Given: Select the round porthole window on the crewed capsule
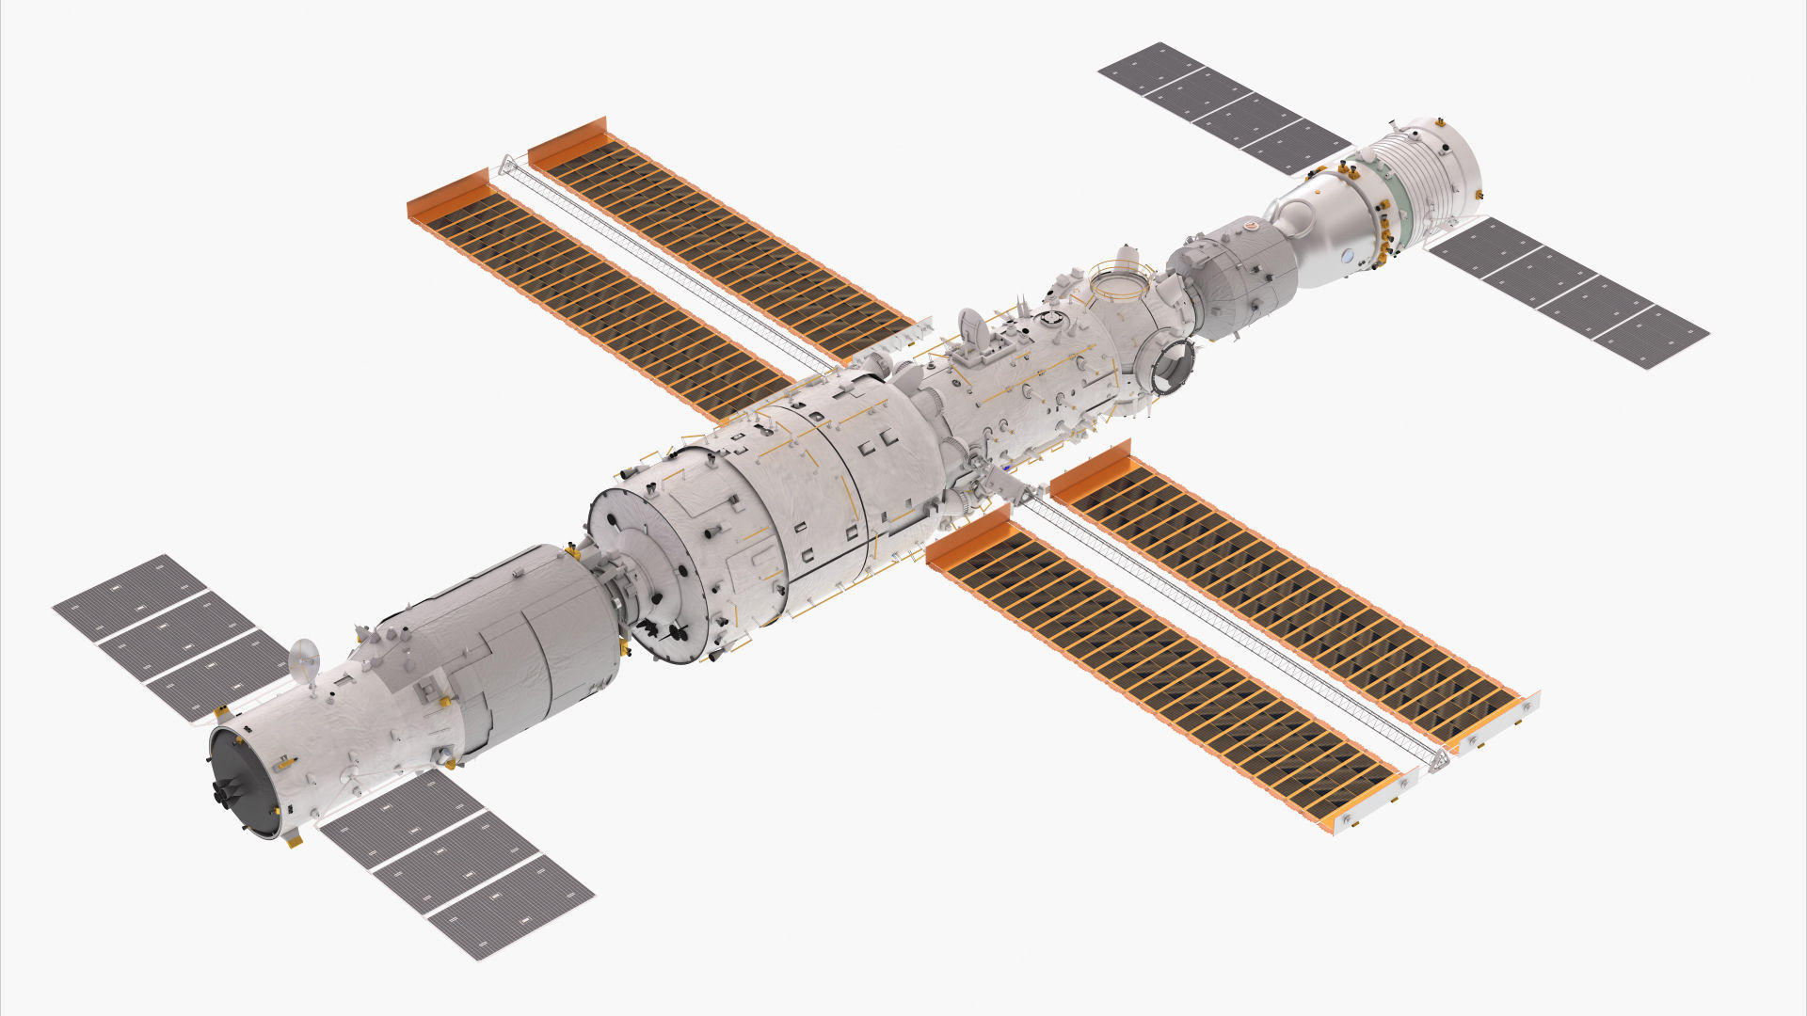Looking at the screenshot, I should [1349, 254].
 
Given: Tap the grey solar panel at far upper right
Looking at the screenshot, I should [1223, 108].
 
